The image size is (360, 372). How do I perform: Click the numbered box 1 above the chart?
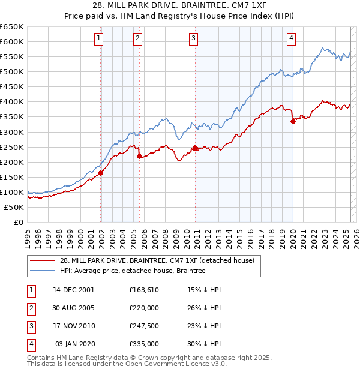[98, 38]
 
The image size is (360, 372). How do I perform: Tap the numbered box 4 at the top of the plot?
[290, 38]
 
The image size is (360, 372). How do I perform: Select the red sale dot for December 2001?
[101, 173]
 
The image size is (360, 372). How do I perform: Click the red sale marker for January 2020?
[293, 121]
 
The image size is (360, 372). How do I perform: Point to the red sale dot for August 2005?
[140, 156]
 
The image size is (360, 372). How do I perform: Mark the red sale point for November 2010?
[196, 148]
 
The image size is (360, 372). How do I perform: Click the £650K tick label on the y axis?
[12, 27]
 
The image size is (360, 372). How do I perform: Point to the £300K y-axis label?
[12, 132]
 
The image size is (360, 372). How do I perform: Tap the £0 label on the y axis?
[18, 223]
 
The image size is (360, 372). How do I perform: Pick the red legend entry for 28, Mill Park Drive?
[157, 260]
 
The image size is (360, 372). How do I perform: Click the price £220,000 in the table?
[144, 307]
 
